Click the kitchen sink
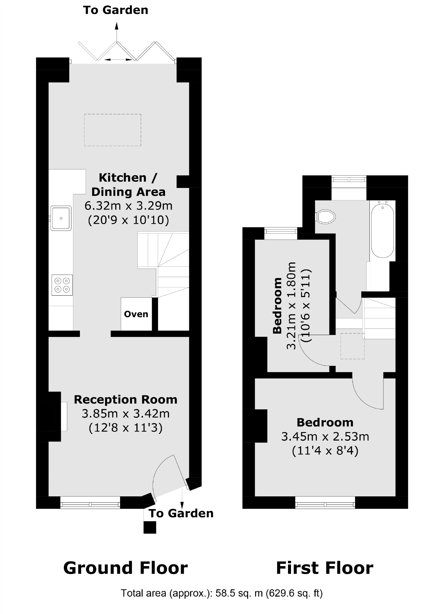(x=61, y=218)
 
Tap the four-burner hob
(x=62, y=285)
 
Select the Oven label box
(x=136, y=314)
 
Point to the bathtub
(x=382, y=230)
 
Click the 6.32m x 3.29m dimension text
(x=128, y=206)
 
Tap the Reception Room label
(x=126, y=400)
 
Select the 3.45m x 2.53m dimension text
(x=325, y=437)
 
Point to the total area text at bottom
(x=222, y=593)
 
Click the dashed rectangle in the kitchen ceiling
(x=113, y=130)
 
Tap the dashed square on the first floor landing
(x=352, y=346)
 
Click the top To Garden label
(x=116, y=10)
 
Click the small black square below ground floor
(x=150, y=528)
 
